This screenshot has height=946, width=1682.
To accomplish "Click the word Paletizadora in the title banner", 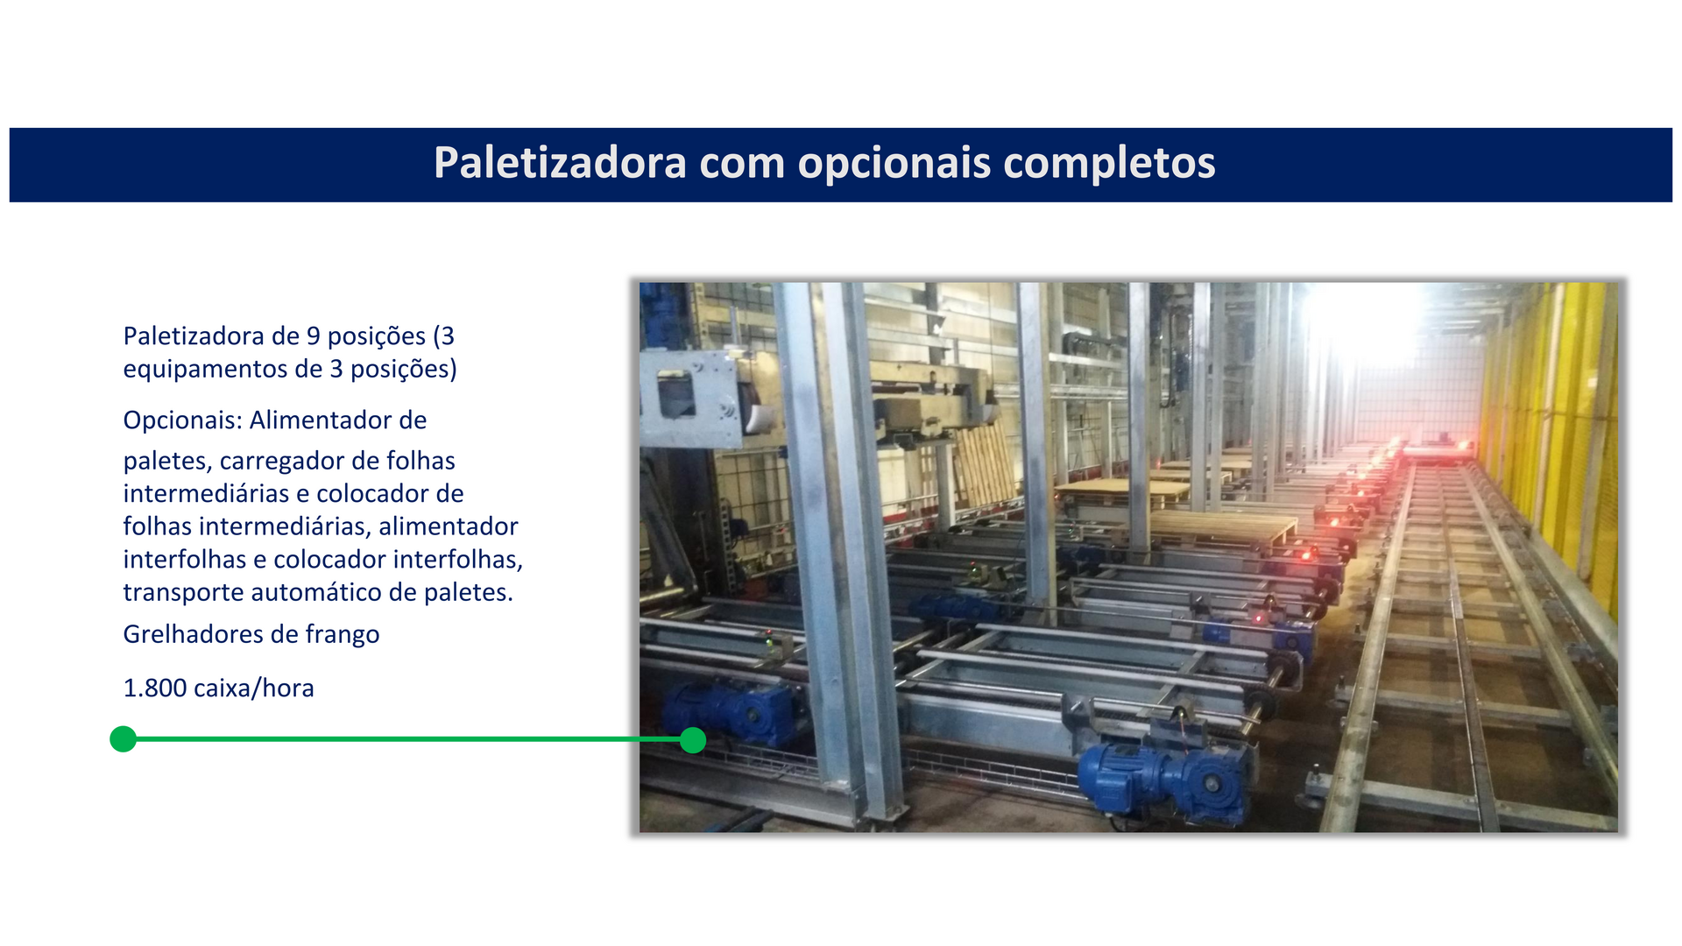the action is point(560,162).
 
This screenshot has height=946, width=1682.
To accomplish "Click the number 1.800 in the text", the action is point(155,688).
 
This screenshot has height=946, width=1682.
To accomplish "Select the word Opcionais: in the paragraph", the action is point(182,421).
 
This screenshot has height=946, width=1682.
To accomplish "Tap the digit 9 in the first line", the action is point(313,336).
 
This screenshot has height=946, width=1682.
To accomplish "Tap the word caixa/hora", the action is point(254,688).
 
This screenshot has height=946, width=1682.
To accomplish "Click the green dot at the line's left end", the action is point(124,739).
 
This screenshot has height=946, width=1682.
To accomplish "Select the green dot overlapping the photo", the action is point(693,740).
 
